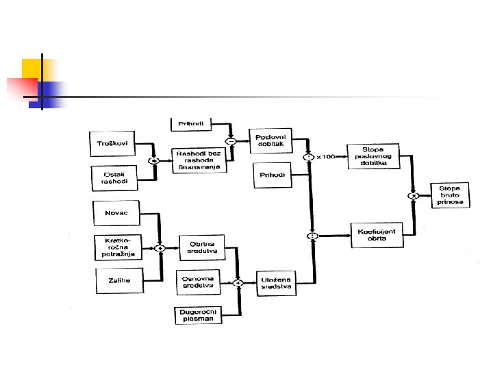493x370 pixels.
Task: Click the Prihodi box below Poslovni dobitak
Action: click(x=273, y=175)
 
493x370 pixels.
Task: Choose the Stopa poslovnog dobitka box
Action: click(x=373, y=156)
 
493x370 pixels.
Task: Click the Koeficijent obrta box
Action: click(x=376, y=235)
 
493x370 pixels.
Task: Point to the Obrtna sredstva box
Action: click(x=200, y=247)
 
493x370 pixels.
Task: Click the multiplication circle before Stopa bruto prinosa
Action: click(x=414, y=195)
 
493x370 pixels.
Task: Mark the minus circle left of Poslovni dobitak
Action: click(x=231, y=142)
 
